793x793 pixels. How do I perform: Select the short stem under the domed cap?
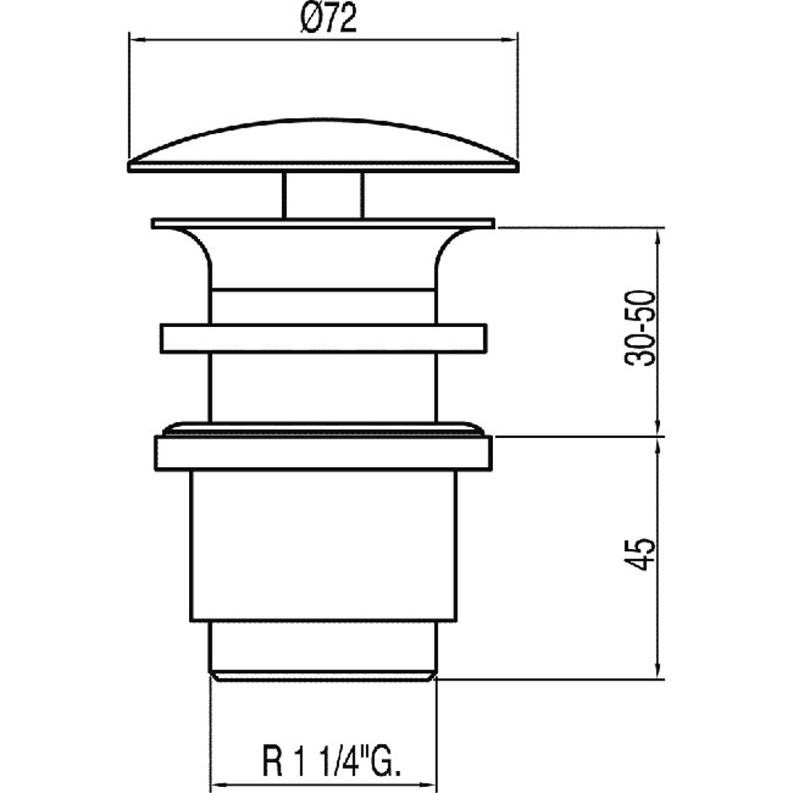coord(323,195)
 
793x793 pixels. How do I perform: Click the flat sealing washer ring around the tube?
coord(322,338)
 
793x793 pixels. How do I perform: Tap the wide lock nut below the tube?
coord(323,453)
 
